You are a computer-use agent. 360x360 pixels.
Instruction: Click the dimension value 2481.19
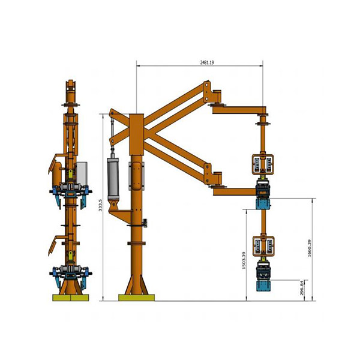tap(207, 62)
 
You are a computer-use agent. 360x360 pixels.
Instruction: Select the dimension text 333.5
tap(100, 205)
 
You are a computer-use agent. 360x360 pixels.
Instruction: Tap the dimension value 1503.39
tap(244, 260)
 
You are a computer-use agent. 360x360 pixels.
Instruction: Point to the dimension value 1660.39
tap(309, 248)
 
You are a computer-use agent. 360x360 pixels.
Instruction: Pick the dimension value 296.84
tap(302, 287)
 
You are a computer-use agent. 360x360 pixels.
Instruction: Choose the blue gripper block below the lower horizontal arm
tap(263, 204)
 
